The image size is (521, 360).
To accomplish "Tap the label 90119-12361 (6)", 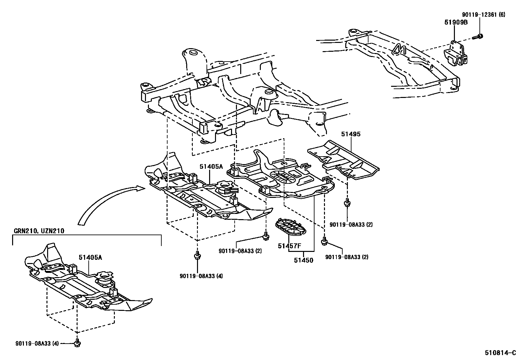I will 483,15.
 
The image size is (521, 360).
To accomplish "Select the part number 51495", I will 351,134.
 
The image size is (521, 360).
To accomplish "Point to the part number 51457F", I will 289,246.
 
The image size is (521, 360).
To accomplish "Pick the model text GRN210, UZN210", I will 39,231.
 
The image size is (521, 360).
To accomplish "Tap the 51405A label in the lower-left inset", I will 90,257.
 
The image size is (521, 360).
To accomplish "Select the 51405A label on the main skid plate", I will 211,167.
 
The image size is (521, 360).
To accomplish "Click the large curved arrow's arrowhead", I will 139,188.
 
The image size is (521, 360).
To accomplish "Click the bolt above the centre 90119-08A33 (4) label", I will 197,255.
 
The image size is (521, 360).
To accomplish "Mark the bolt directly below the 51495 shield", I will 347,203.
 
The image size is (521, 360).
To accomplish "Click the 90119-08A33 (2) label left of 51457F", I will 240,251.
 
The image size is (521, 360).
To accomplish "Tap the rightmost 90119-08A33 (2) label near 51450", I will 347,257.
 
